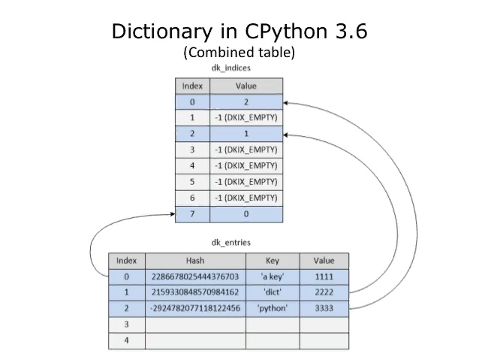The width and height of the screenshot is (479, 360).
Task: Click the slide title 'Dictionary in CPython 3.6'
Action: (x=239, y=33)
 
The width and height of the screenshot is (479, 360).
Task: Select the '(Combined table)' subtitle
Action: (x=239, y=53)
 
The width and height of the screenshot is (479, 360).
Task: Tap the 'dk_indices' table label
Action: (x=230, y=68)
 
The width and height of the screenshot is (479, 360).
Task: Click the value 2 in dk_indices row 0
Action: (x=246, y=101)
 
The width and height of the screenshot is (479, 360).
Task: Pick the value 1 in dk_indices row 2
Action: (x=246, y=133)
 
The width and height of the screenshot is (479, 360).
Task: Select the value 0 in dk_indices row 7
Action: (x=246, y=214)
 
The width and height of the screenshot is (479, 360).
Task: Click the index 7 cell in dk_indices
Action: (x=192, y=214)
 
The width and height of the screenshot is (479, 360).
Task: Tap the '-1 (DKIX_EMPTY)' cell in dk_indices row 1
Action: (x=246, y=117)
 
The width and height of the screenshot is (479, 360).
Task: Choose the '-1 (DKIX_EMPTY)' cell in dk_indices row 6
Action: (x=246, y=198)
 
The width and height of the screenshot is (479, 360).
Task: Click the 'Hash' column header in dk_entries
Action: (x=194, y=260)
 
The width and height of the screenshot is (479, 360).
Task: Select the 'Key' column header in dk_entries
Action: (x=273, y=260)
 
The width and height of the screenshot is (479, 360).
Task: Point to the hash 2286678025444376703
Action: (x=194, y=276)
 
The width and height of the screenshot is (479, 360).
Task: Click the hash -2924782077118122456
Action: (x=194, y=308)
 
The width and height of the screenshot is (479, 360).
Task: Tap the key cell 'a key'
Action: (x=273, y=276)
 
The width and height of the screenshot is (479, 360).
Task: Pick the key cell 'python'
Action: (x=273, y=308)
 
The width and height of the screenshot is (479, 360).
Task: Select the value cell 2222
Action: (x=324, y=292)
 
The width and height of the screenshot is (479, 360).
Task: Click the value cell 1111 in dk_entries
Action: (x=324, y=276)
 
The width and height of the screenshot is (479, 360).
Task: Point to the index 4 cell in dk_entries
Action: (x=125, y=340)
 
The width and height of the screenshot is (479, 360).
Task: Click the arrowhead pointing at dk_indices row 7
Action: (x=171, y=215)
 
